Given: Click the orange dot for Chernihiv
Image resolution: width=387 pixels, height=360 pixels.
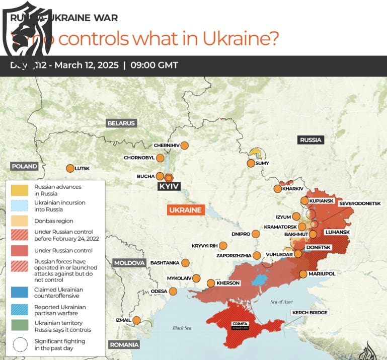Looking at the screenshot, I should pyautogui.click(x=184, y=145).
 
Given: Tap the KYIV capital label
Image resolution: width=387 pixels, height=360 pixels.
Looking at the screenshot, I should pyautogui.click(x=169, y=186).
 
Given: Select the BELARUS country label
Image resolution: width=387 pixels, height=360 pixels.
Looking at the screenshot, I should pyautogui.click(x=121, y=123).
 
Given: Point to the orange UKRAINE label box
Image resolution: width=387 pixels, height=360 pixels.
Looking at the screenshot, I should pyautogui.click(x=185, y=210).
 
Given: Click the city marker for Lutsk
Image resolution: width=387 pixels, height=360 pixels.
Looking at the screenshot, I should pyautogui.click(x=70, y=169).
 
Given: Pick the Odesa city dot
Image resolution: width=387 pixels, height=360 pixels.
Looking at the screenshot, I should pyautogui.click(x=173, y=291).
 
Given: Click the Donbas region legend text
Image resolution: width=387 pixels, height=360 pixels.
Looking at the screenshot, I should pyautogui.click(x=54, y=221).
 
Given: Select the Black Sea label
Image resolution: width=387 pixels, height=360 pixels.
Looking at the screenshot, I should pyautogui.click(x=182, y=328).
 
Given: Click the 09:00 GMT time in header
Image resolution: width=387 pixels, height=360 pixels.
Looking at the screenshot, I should pyautogui.click(x=154, y=65).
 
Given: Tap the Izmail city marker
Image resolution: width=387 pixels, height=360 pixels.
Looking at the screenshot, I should pyautogui.click(x=136, y=320).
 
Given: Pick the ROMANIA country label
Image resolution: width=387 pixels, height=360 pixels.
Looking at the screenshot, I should pyautogui.click(x=123, y=344).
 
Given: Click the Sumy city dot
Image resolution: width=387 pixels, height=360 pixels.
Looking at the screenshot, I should pyautogui.click(x=251, y=163).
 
